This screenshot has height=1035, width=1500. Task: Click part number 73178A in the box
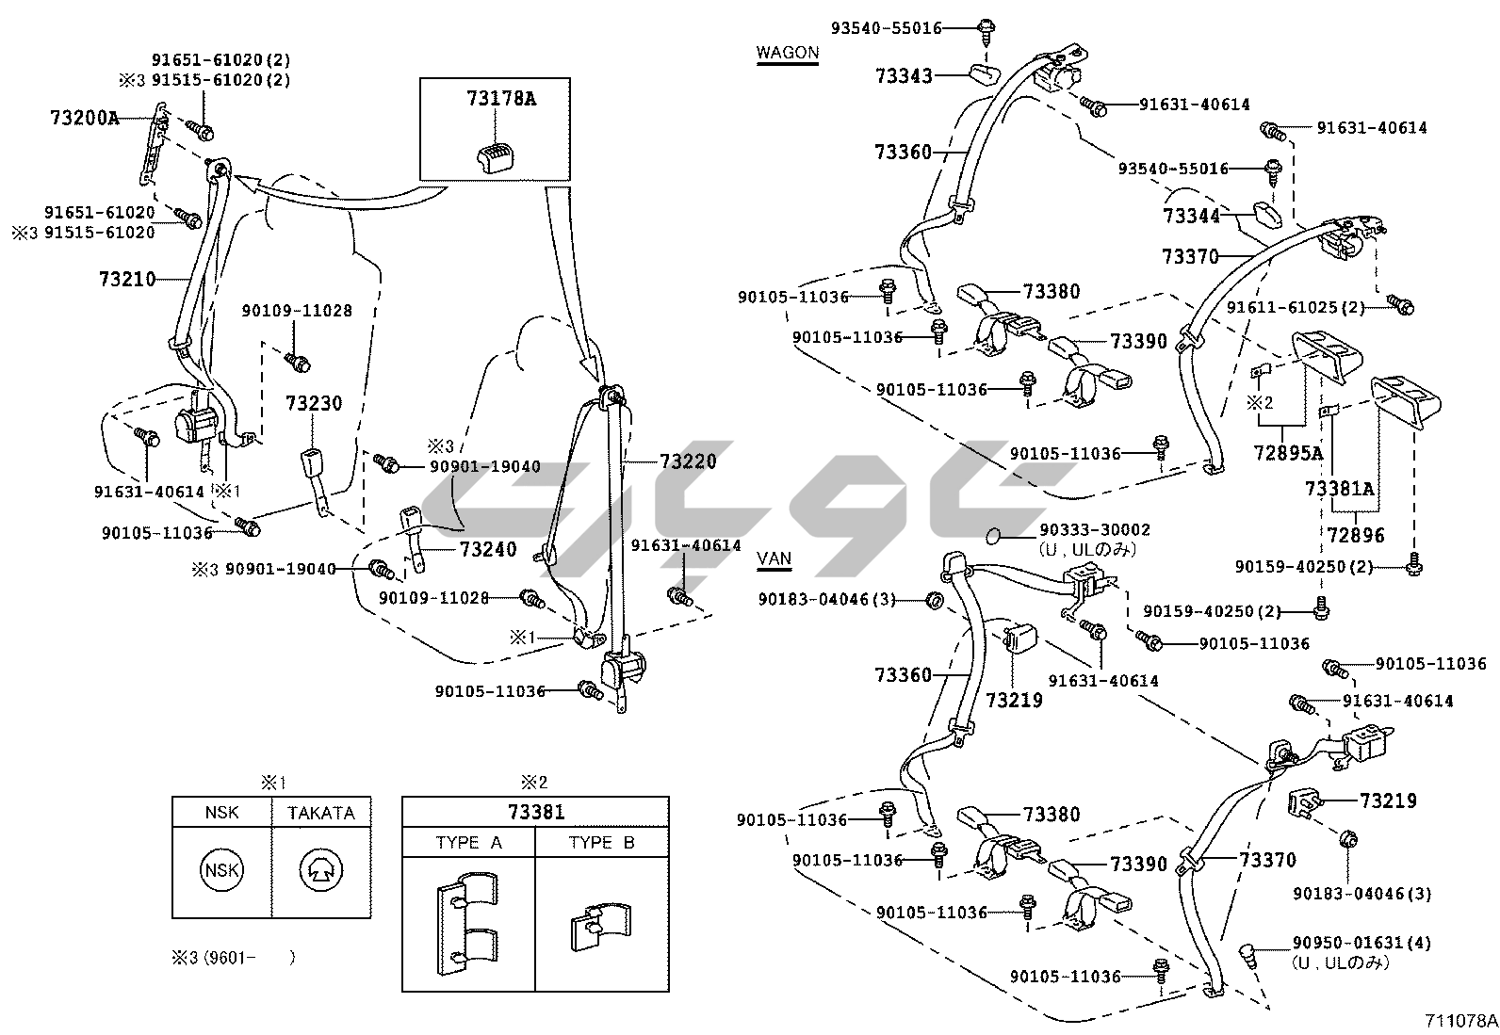point(500,98)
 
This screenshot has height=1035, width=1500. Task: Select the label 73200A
point(85,118)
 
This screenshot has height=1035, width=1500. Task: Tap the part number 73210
point(126,279)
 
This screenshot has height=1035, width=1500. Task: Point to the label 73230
point(314,403)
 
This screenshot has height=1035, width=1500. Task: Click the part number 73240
point(488,549)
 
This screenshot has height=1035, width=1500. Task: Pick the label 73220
point(688,461)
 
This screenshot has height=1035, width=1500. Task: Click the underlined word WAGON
point(788,53)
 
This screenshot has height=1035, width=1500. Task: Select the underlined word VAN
point(774,558)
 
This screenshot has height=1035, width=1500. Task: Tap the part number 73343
point(904,75)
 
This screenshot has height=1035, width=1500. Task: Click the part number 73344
point(1191,217)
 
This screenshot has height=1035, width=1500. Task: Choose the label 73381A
point(1339,488)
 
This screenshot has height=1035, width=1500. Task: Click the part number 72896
point(1356,535)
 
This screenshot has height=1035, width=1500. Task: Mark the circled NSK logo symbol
point(222,870)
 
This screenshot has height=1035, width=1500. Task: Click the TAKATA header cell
point(321,812)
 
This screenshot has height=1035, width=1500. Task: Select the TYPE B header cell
point(602,842)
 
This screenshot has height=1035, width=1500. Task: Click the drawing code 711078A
point(1460,1020)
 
